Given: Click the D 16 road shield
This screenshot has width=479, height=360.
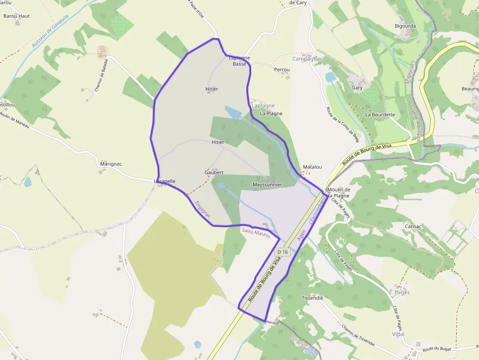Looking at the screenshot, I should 283,252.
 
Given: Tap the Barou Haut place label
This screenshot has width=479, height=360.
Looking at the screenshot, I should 17,16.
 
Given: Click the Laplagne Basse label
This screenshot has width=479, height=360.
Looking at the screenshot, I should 239,61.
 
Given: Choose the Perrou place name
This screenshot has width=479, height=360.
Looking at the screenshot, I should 282,70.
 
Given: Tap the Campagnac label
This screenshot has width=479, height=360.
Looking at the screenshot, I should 307,59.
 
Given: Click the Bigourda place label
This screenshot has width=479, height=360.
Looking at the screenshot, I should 405,26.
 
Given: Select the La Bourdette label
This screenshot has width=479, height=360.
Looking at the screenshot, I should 380,115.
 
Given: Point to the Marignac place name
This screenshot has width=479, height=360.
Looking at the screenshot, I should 110,164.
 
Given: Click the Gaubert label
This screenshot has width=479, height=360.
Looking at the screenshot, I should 214,172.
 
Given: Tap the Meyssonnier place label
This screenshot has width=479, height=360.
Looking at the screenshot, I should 267,185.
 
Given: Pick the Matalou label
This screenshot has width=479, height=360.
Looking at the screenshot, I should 312,167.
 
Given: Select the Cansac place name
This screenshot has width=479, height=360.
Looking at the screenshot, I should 413,226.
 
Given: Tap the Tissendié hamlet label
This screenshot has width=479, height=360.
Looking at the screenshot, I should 313,298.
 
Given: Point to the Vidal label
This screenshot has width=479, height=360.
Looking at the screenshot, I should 398,334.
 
